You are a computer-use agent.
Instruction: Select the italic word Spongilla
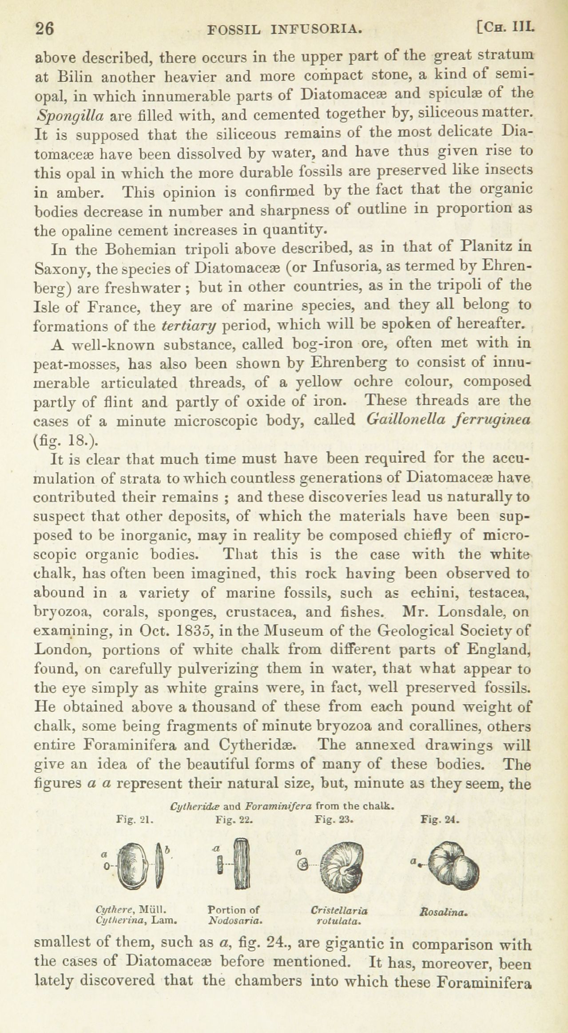tap(69, 116)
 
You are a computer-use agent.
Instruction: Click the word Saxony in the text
tap(61, 268)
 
